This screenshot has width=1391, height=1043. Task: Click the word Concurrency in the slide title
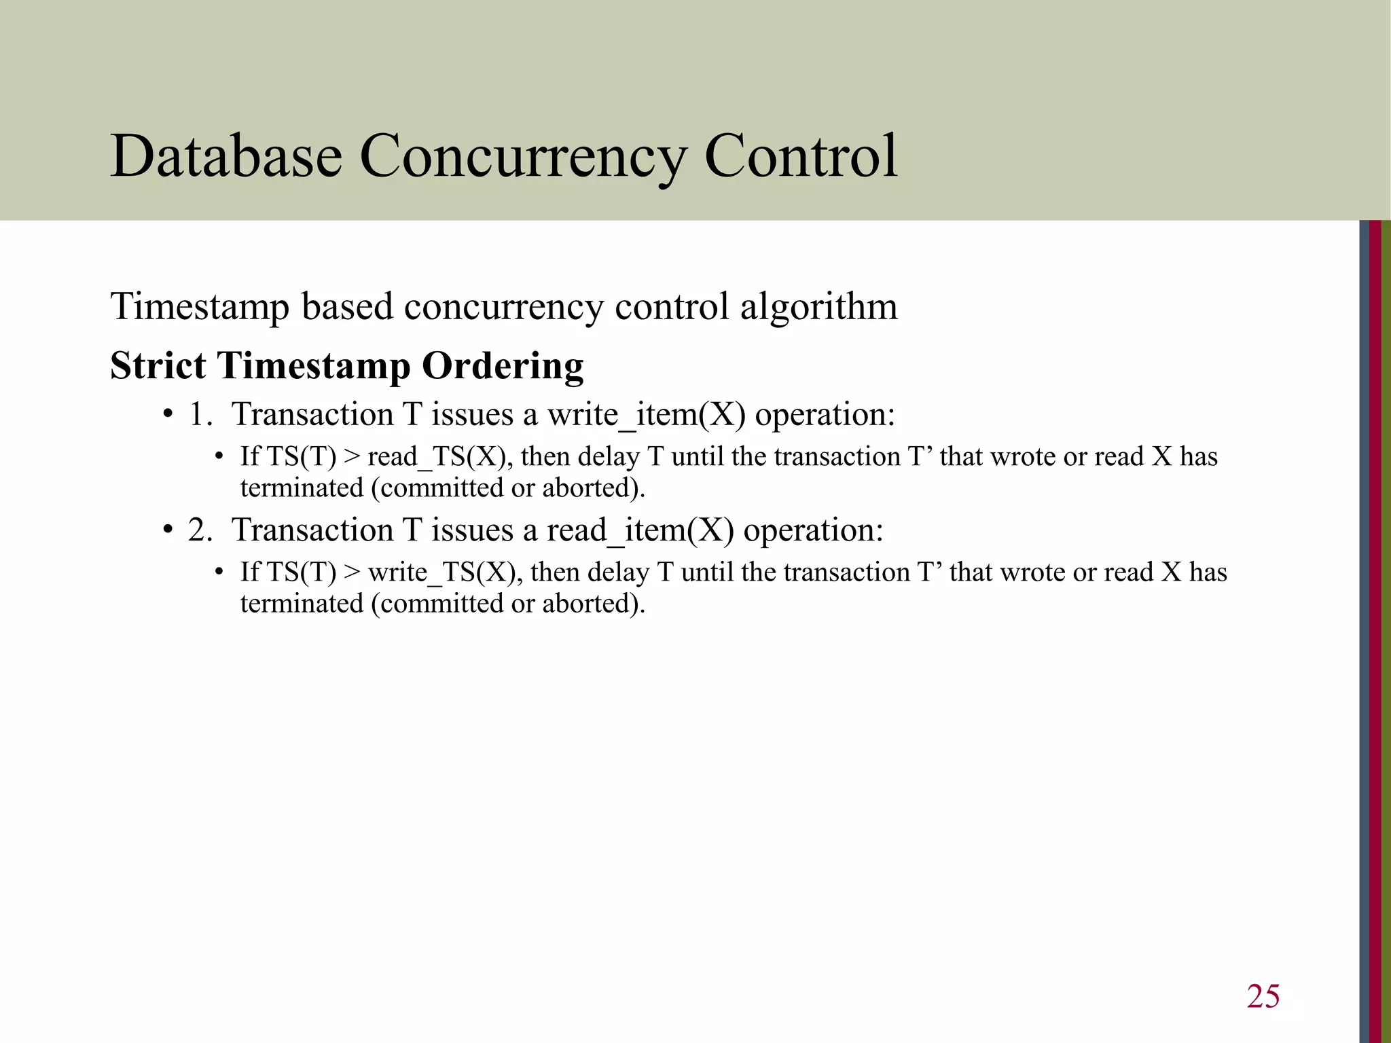[x=523, y=158]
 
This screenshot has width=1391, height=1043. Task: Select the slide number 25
[x=1263, y=996]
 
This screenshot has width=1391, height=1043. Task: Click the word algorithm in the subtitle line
[x=818, y=307]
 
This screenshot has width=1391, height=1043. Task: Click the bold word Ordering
[x=503, y=367]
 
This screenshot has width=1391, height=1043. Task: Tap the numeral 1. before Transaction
[x=200, y=414]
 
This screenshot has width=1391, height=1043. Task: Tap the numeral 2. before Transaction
[x=200, y=530]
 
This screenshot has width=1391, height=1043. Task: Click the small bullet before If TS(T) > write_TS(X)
[x=219, y=572]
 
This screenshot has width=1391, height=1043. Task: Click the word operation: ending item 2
[x=813, y=530]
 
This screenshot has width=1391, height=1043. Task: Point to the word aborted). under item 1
[x=593, y=488]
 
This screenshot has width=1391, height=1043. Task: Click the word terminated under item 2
[x=302, y=603]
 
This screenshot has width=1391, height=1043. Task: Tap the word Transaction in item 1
[x=312, y=414]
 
